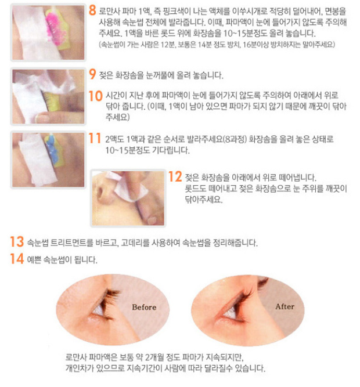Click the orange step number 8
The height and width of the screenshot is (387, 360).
(x=92, y=10)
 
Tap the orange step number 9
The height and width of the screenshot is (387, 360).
(x=92, y=74)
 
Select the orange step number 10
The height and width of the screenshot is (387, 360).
(x=96, y=96)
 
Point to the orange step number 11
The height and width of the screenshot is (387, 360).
(x=95, y=138)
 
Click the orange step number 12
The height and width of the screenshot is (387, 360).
(x=175, y=177)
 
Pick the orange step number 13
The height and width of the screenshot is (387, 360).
(x=17, y=241)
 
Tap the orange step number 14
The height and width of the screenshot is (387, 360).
(x=17, y=259)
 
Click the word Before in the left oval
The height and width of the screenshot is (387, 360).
(x=144, y=308)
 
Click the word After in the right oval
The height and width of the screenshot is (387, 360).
(x=285, y=306)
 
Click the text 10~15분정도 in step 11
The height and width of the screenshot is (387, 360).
(x=127, y=150)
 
